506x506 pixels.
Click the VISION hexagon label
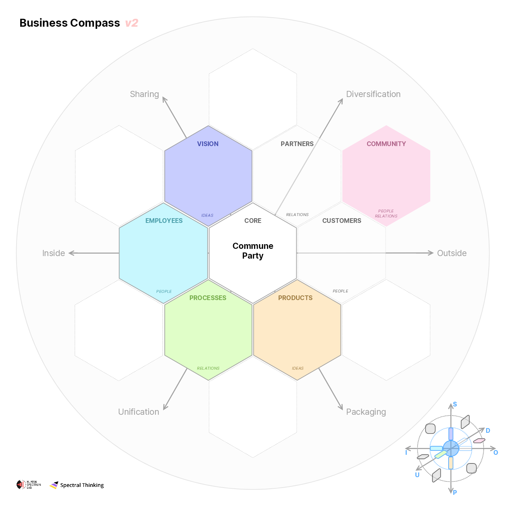pyautogui.click(x=208, y=144)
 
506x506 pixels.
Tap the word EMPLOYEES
pyautogui.click(x=164, y=221)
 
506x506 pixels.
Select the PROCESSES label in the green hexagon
pyautogui.click(x=208, y=298)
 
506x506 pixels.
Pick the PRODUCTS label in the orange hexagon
pyautogui.click(x=295, y=298)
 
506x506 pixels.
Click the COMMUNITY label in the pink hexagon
pyautogui.click(x=386, y=144)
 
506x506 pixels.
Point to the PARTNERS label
pyautogui.click(x=297, y=144)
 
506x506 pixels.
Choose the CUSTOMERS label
pyautogui.click(x=341, y=221)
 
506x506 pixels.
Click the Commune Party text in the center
pyautogui.click(x=253, y=251)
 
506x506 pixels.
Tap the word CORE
pyautogui.click(x=253, y=221)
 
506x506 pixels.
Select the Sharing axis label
pyautogui.click(x=144, y=94)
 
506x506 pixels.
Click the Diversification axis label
pyautogui.click(x=373, y=94)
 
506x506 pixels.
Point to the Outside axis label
pyautogui.click(x=452, y=253)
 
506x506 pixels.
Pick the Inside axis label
pyautogui.click(x=53, y=253)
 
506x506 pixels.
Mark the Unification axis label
pyautogui.click(x=139, y=412)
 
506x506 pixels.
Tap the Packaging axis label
pyautogui.click(x=366, y=412)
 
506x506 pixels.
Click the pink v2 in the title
pyautogui.click(x=132, y=23)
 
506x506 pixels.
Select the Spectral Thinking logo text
pyautogui.click(x=82, y=485)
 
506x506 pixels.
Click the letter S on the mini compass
pyautogui.click(x=455, y=404)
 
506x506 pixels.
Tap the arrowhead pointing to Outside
pyautogui.click(x=431, y=253)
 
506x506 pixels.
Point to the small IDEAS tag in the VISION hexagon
pyautogui.click(x=207, y=215)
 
